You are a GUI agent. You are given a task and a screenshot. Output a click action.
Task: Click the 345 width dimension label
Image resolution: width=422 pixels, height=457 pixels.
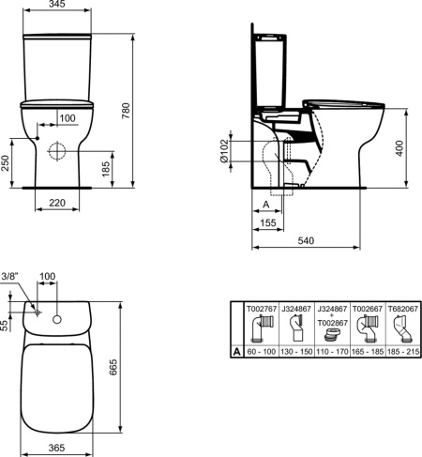(57, 4)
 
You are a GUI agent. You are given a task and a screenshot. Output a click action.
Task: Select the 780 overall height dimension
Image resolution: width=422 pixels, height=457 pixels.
(126, 111)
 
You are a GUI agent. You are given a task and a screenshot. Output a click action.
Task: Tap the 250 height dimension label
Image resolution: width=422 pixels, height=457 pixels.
(5, 162)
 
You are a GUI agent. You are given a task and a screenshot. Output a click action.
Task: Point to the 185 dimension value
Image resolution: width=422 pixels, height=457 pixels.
(106, 169)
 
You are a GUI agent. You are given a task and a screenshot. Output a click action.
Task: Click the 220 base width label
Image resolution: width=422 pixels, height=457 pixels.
(57, 203)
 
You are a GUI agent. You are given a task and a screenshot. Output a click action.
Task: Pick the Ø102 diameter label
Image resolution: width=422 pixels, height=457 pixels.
(224, 151)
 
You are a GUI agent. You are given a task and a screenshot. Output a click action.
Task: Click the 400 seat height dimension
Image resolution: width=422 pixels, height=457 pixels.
(399, 148)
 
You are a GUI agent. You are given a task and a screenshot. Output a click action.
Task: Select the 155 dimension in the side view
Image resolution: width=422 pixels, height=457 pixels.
(268, 222)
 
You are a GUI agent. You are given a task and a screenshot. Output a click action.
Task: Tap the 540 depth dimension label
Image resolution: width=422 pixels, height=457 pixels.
(306, 240)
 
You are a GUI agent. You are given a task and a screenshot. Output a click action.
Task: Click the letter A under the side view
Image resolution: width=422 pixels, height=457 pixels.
(266, 205)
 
